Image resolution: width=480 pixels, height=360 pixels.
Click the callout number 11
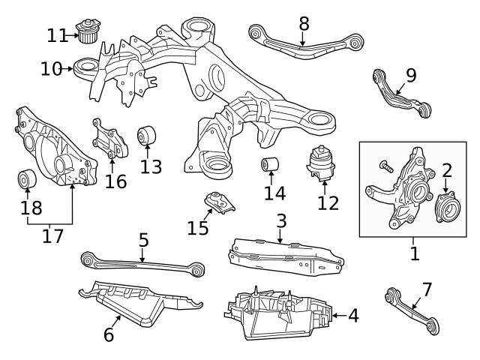coord(56,34)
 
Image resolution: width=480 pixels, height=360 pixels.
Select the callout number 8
coord(304,23)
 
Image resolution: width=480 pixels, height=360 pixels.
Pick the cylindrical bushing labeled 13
coord(146,137)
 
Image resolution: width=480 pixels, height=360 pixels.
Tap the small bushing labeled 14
coord(270,164)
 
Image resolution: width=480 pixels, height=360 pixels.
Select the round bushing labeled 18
coord(27,181)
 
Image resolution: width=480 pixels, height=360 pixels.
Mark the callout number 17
coord(52,235)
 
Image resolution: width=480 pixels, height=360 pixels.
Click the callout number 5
coord(143,241)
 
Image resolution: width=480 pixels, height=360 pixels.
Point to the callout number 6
coord(109,334)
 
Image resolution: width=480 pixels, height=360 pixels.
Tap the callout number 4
coord(352,316)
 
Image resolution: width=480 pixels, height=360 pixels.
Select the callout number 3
coord(281,221)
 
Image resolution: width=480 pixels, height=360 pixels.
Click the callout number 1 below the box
coord(415,253)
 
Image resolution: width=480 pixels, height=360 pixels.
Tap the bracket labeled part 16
coord(106,140)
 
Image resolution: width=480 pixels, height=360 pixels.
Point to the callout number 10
coord(51,69)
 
